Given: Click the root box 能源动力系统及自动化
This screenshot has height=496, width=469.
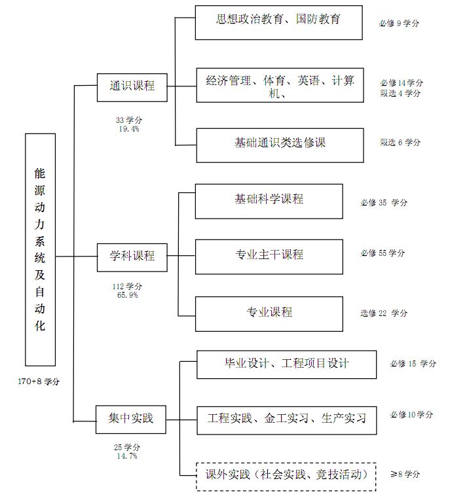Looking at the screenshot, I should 40,249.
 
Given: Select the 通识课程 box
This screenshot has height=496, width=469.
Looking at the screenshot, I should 132,86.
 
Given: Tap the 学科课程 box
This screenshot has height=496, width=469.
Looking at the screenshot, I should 132,256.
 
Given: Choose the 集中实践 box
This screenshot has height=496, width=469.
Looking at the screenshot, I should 132,417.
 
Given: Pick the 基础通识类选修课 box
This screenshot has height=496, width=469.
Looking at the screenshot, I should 280,145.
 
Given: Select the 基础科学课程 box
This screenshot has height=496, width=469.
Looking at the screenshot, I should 269,201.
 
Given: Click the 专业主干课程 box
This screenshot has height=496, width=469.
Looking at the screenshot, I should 269,256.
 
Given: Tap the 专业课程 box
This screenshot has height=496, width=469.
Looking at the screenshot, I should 269,313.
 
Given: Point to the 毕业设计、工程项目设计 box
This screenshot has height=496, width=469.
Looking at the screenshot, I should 286,364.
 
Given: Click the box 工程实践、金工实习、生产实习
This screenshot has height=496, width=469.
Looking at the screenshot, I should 286,419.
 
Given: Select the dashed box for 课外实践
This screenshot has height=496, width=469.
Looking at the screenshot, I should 286,476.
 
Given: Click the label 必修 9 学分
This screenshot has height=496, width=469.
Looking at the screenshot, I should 399,23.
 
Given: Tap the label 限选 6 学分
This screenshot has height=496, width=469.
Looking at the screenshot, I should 400,142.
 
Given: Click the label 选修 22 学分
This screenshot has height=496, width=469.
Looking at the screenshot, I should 384,313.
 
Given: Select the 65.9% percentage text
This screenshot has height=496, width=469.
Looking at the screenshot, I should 127,295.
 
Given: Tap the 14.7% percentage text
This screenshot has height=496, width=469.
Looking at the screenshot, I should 127,456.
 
